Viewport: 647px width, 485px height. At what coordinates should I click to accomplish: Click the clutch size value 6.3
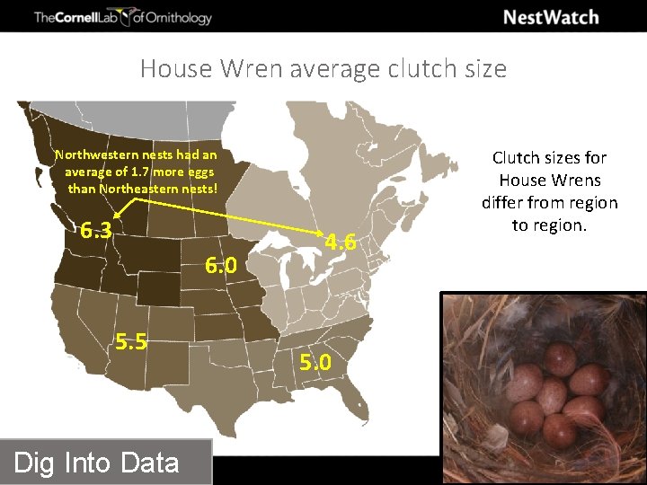95,231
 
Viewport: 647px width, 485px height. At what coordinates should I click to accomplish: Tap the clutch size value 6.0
220,266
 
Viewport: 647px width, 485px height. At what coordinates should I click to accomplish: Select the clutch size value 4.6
341,242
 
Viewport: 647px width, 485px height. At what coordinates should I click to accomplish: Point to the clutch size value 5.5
130,342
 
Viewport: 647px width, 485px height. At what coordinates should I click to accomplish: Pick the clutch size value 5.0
315,363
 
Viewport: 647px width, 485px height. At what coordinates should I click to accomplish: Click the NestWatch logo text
551,17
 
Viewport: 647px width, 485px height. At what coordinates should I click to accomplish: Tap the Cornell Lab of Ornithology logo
123,17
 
